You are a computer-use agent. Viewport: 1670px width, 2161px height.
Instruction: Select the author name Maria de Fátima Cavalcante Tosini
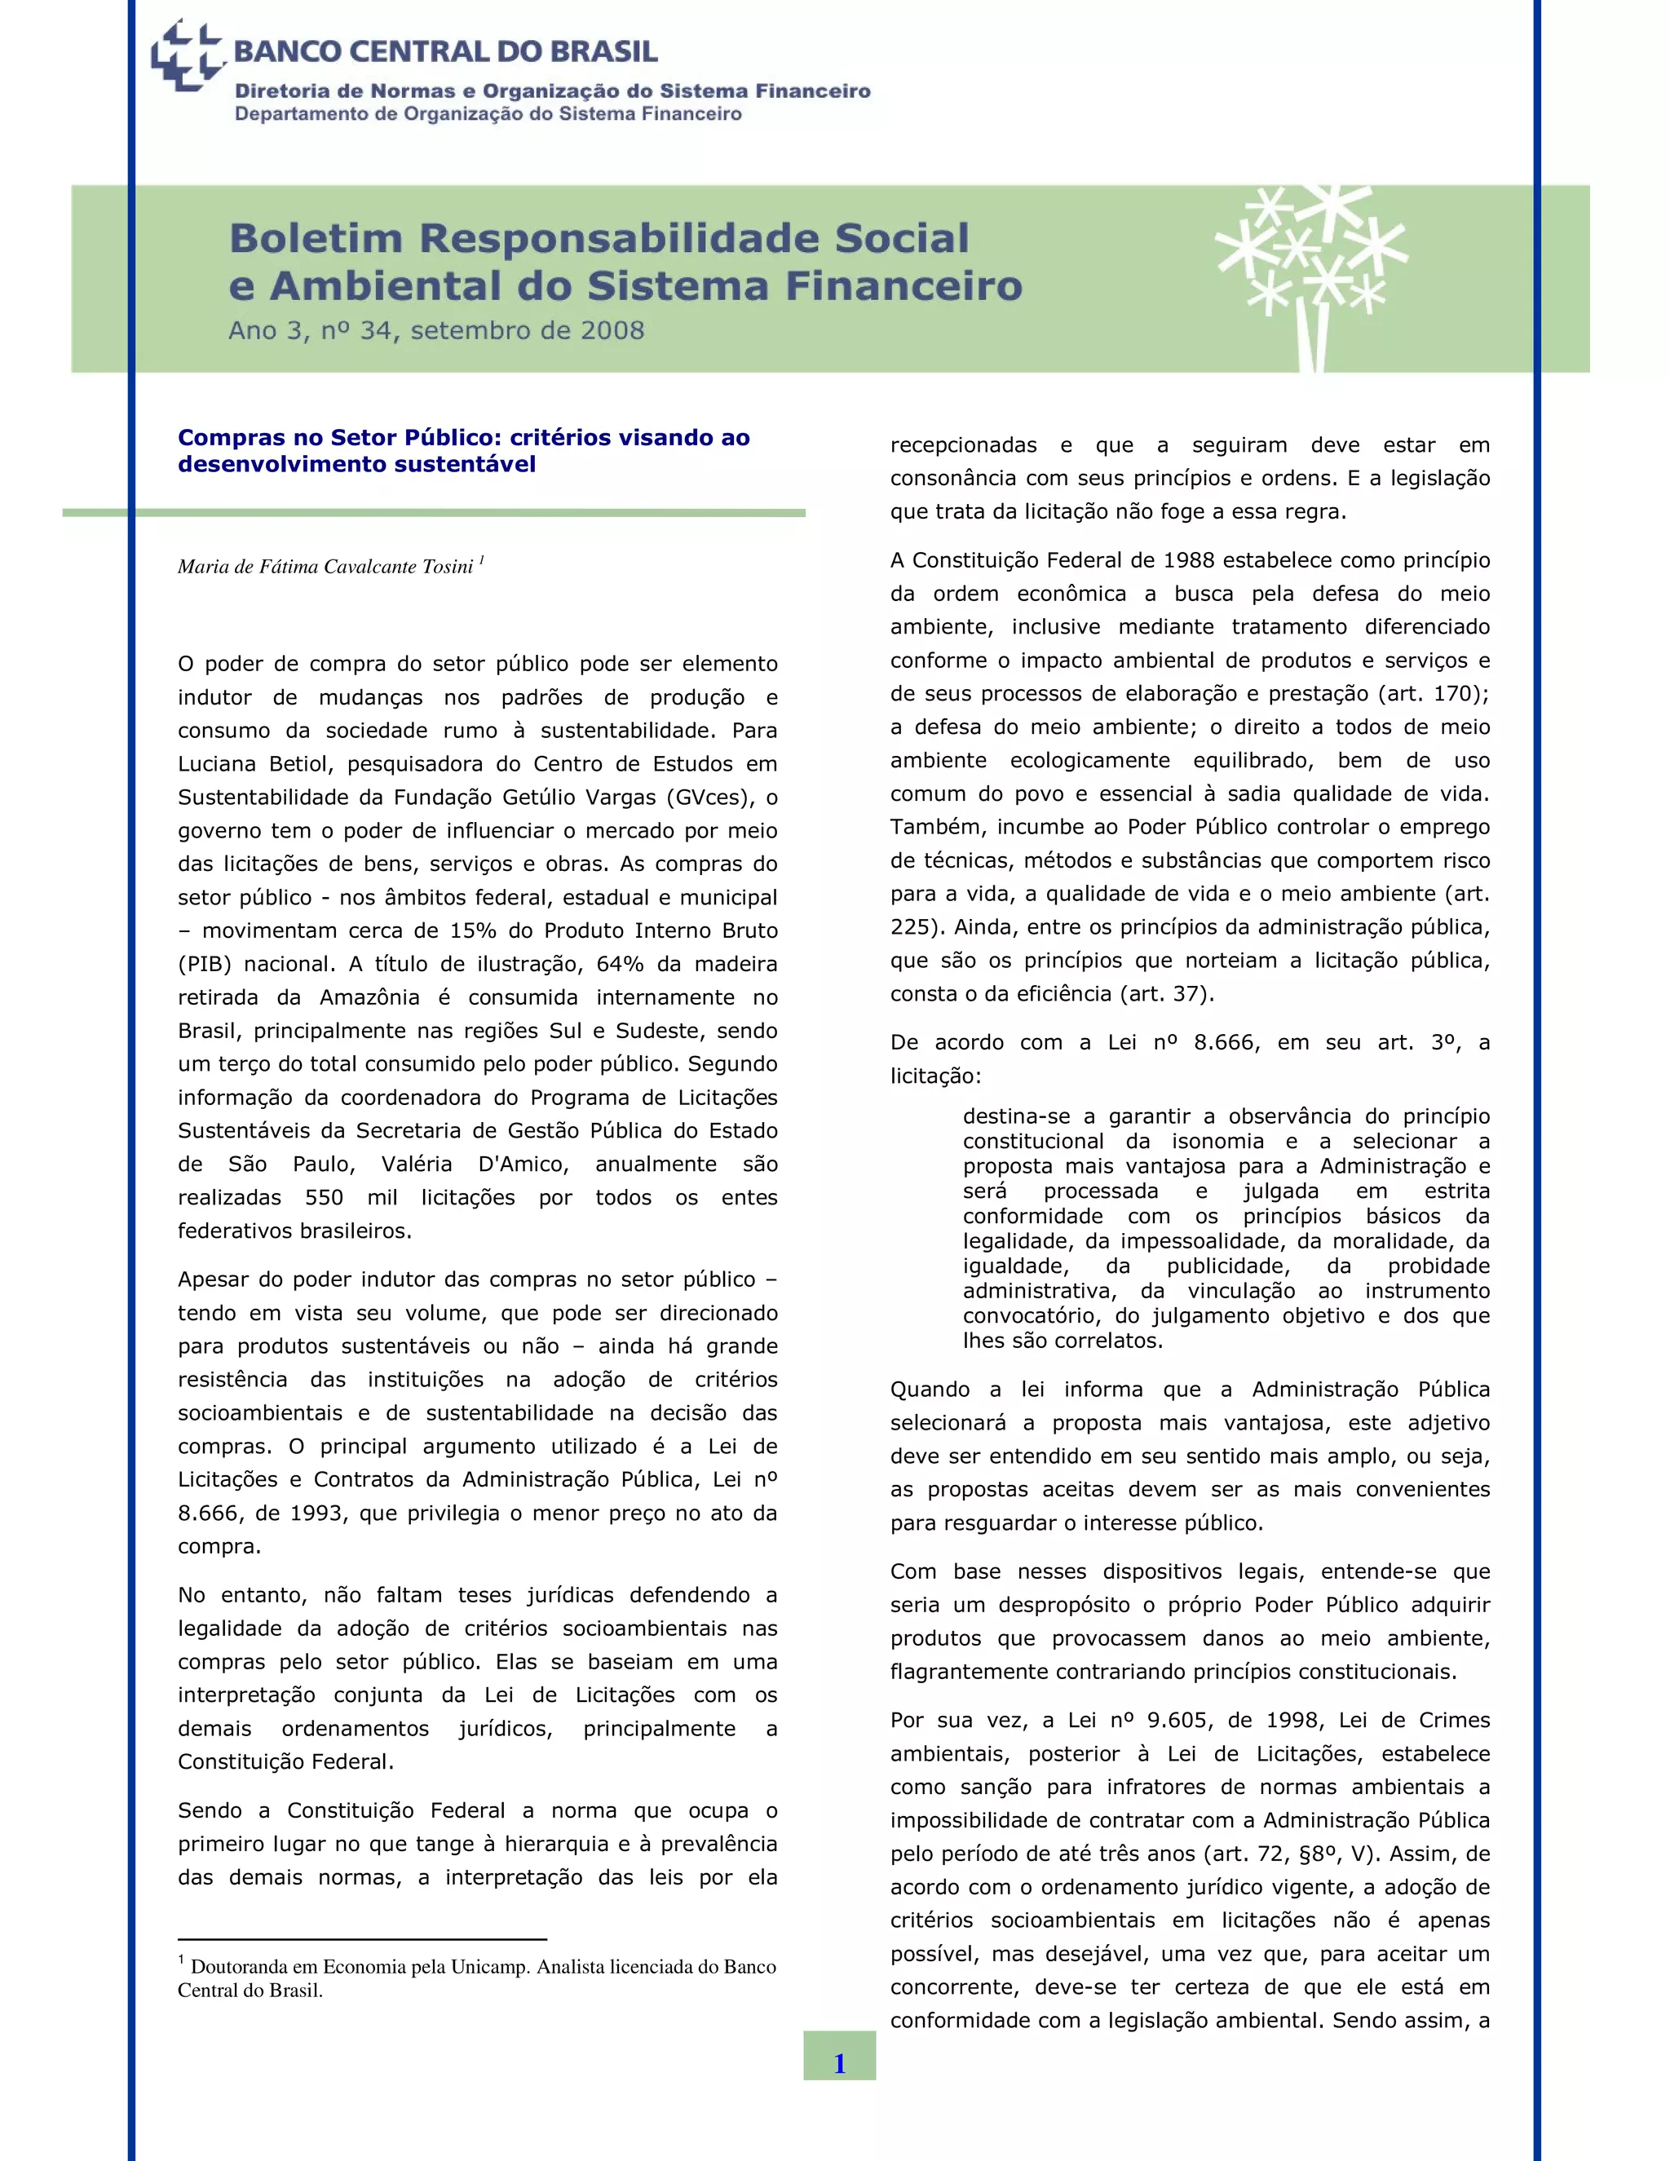[x=325, y=567]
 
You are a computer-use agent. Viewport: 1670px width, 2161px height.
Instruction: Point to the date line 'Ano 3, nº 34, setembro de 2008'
[x=436, y=330]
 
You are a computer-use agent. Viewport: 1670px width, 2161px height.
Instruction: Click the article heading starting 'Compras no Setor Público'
[x=463, y=450]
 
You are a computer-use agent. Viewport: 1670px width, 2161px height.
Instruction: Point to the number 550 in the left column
[x=324, y=1197]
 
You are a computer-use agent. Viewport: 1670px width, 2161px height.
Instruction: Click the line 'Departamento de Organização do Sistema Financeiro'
[x=488, y=115]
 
